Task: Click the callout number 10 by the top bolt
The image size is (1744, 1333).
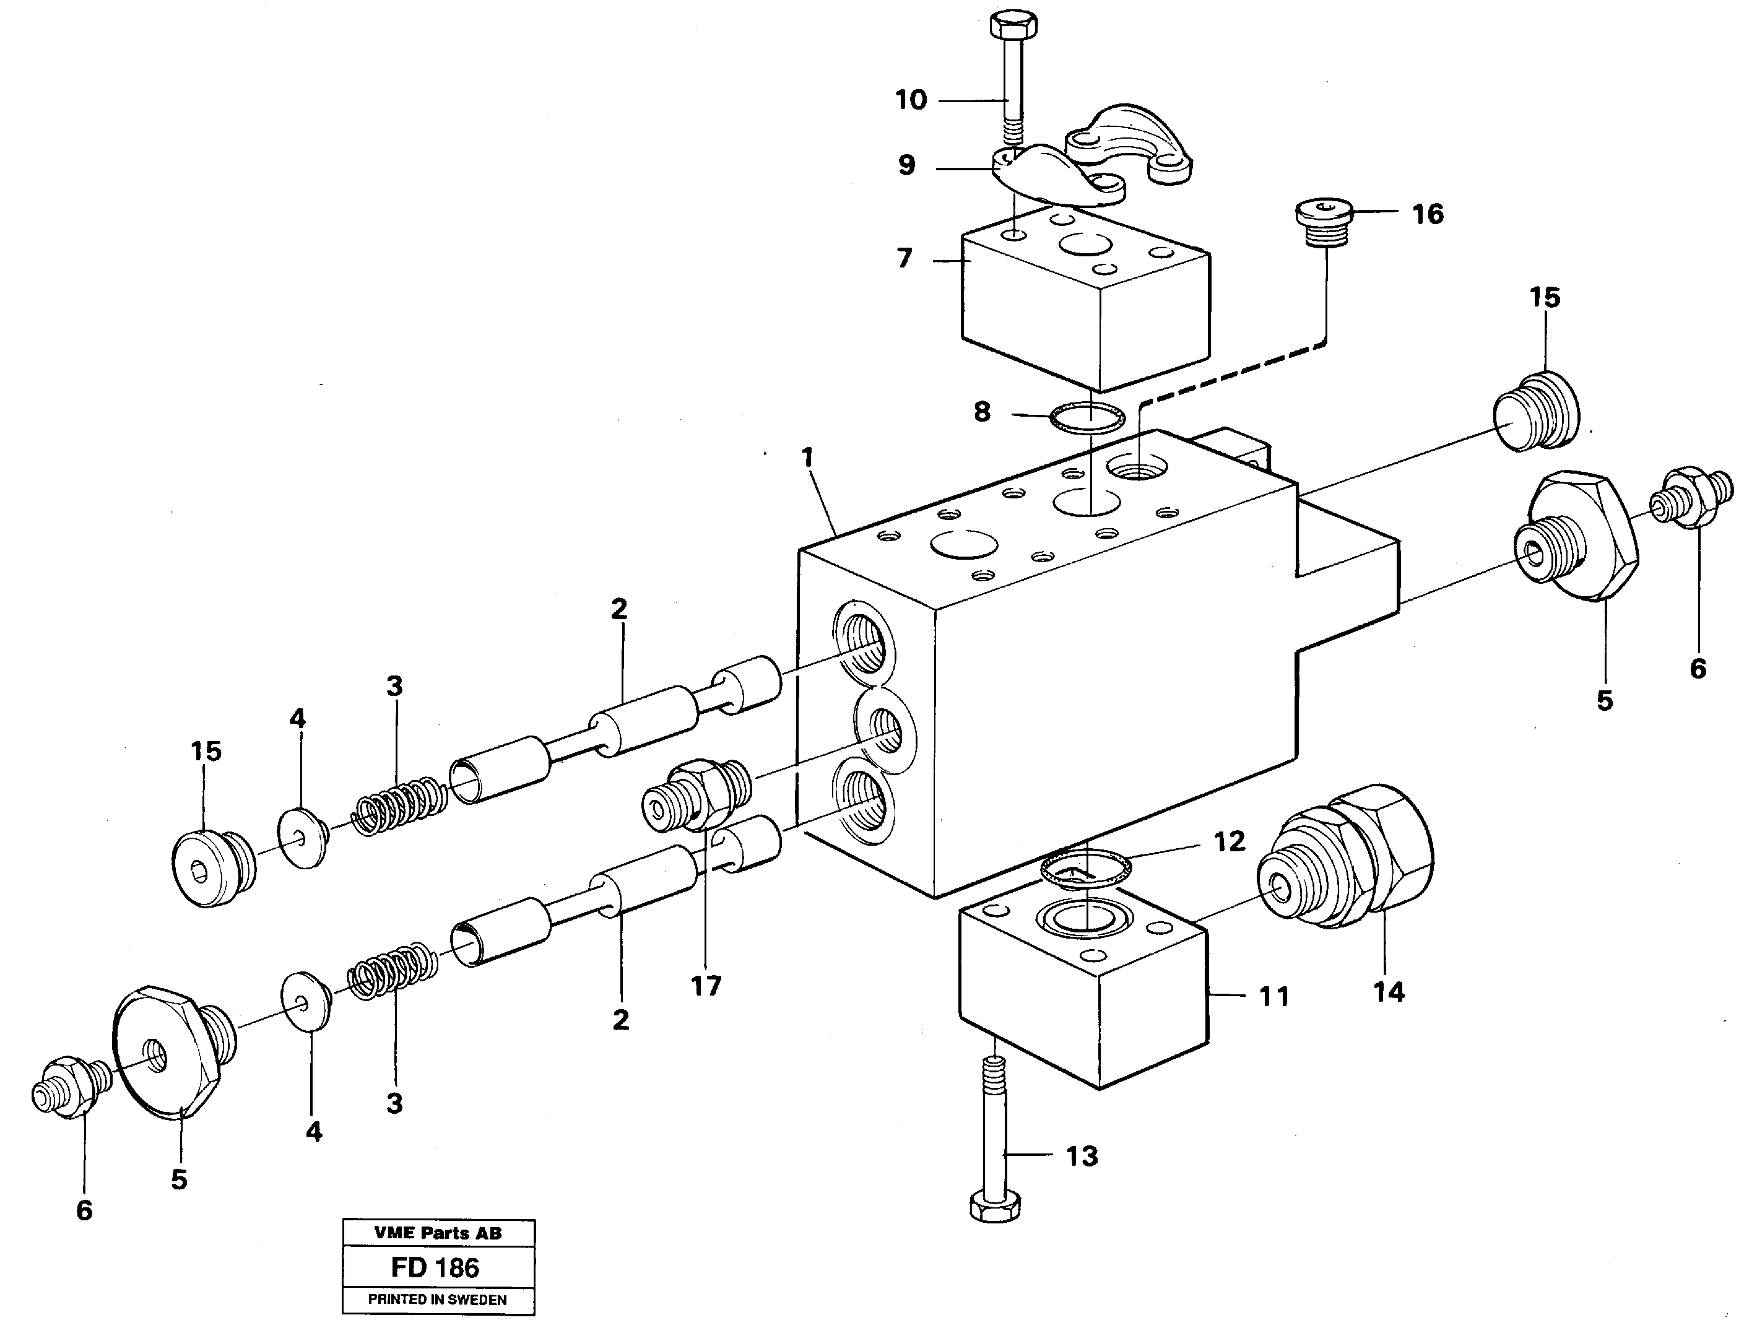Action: pos(911,100)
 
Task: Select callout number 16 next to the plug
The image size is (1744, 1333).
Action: pos(1428,214)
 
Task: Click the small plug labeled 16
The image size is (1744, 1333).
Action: pos(1325,222)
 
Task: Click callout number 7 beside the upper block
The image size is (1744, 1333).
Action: pos(905,259)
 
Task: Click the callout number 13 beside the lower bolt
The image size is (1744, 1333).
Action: pos(1082,1156)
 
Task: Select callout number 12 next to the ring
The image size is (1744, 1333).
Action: pos(1229,841)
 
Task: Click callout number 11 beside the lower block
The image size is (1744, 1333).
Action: pos(1273,997)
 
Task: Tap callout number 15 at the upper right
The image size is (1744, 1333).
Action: pos(1544,298)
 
